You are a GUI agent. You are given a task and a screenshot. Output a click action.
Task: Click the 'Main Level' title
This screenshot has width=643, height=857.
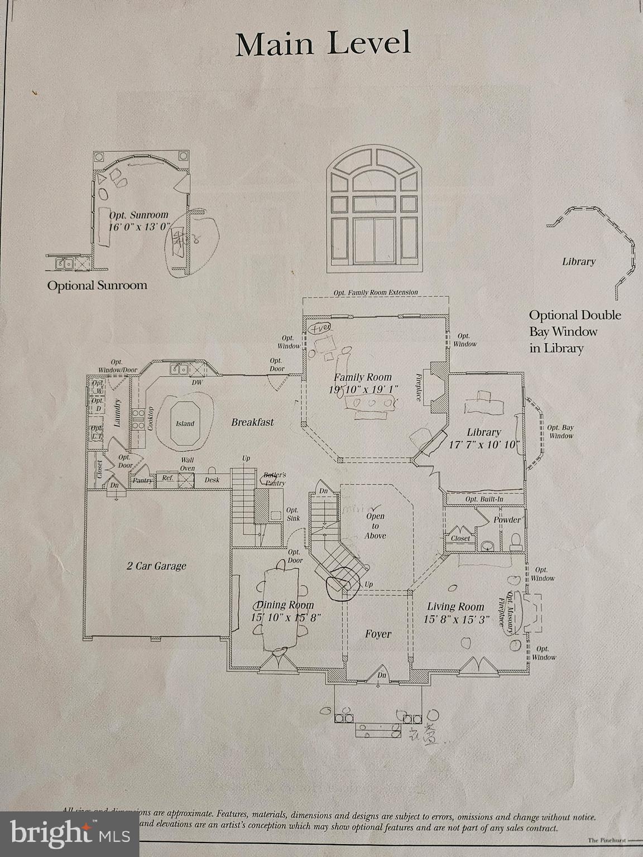tap(323, 44)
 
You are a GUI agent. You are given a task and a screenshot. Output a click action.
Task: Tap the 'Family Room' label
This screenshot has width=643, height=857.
tap(363, 377)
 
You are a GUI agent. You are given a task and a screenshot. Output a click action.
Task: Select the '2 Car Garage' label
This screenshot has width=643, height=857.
tap(156, 566)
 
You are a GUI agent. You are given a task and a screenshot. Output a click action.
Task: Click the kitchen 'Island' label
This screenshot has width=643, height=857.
tap(185, 423)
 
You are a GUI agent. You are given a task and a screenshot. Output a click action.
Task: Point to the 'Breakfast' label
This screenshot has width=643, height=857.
tap(252, 422)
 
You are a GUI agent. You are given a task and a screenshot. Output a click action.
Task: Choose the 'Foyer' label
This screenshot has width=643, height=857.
tap(378, 634)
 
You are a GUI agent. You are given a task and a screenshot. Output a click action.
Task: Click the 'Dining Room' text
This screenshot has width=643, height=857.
tap(285, 605)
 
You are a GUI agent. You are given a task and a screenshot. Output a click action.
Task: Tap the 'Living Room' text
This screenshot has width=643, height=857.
tap(455, 606)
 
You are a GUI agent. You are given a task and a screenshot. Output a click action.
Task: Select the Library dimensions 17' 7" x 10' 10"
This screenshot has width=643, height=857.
tap(484, 445)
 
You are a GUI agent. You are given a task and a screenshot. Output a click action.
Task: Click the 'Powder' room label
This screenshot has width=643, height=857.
tap(507, 519)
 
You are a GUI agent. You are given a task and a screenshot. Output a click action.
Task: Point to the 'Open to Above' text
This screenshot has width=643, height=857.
tap(375, 526)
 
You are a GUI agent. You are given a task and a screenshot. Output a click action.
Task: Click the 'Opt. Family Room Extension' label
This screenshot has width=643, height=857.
tap(375, 292)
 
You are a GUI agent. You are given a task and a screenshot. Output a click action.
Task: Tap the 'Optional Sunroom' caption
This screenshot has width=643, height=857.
tap(97, 286)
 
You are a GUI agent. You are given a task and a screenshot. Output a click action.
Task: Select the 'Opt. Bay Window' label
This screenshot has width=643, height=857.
tap(560, 431)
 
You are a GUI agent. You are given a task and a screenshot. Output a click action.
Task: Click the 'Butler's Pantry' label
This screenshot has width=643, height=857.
tap(274, 479)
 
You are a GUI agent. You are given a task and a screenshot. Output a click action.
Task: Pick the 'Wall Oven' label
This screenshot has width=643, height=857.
tap(187, 464)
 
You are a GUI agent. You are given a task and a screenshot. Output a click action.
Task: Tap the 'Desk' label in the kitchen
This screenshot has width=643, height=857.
tap(212, 480)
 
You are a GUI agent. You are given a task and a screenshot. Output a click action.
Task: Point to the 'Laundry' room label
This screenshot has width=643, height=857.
tap(118, 413)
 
